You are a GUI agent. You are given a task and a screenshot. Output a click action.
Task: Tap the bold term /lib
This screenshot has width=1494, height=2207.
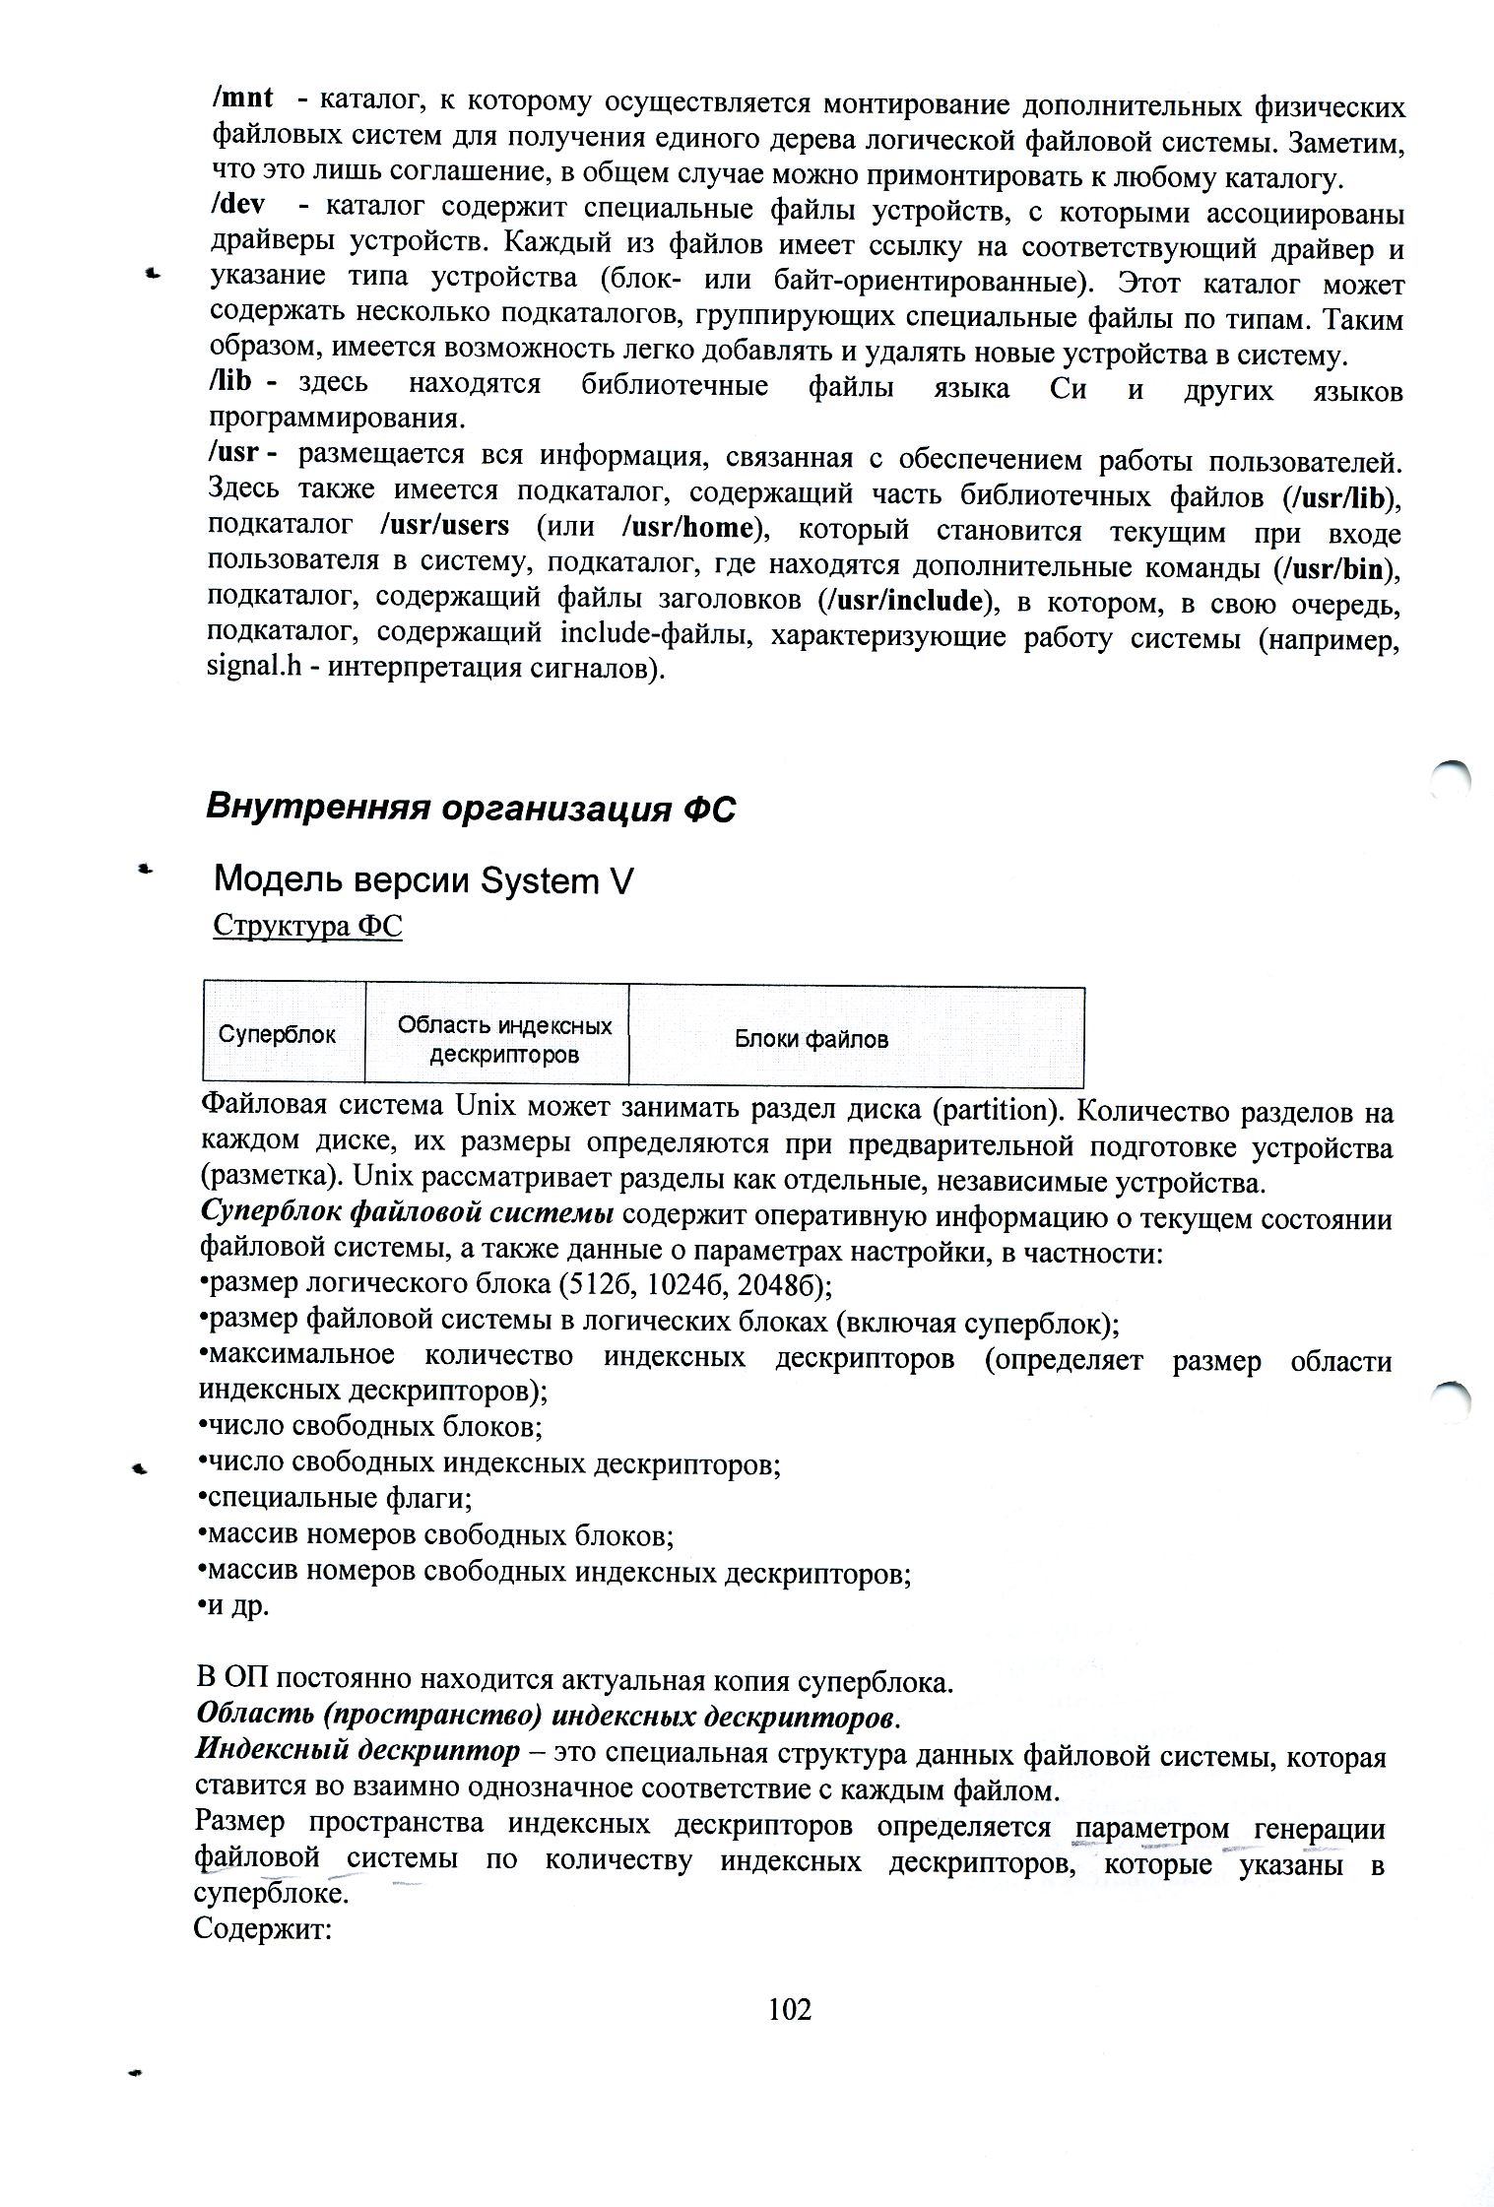[230, 381]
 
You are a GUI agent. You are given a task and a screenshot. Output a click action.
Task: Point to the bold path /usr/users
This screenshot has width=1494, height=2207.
[444, 526]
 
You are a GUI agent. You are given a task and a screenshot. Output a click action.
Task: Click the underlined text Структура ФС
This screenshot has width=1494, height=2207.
[307, 927]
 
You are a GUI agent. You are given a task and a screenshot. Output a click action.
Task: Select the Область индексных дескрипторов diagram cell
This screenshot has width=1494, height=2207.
[504, 1040]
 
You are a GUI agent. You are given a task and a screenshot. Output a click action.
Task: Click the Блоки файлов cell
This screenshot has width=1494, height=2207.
[812, 1038]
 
